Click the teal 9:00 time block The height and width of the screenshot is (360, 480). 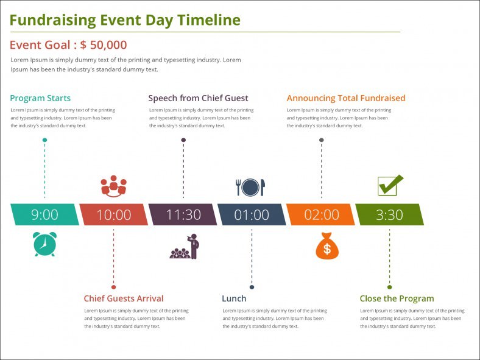tap(44, 214)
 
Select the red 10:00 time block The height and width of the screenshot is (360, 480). tap(114, 214)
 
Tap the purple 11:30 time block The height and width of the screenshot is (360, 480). tap(183, 214)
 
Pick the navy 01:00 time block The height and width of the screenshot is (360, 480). tap(252, 214)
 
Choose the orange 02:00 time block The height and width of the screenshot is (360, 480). tap(321, 214)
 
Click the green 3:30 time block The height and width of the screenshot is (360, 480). tap(389, 214)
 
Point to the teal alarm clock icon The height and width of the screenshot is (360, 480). tap(44, 244)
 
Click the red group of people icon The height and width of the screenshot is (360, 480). tap(113, 186)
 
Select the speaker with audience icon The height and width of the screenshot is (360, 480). tap(185, 247)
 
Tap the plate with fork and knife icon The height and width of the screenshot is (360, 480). tap(250, 187)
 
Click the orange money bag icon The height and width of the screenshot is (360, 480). tap(327, 246)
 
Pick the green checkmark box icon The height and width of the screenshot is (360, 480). tap(390, 185)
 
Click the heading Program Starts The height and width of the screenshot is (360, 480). tap(40, 98)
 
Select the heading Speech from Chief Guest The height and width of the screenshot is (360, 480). tap(198, 98)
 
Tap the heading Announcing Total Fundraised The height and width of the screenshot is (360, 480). tap(346, 98)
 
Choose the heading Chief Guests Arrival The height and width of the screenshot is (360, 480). tap(124, 298)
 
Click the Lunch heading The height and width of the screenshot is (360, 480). tap(234, 298)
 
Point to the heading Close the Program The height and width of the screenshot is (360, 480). tap(397, 298)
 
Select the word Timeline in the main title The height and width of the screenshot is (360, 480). tap(208, 20)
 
